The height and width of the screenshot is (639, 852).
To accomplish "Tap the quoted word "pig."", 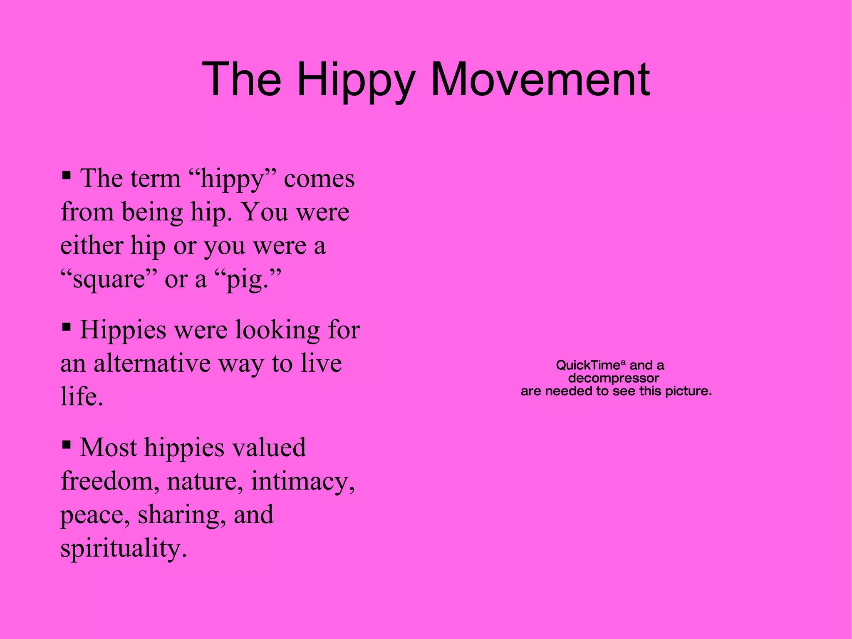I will point(250,279).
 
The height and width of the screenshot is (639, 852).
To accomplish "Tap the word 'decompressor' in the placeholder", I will point(614,378).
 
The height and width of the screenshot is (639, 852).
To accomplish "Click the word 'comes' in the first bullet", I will point(319,179).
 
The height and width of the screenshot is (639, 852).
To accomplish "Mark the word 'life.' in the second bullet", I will point(82,396).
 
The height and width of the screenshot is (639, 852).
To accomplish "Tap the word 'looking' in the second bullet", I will point(278,330).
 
